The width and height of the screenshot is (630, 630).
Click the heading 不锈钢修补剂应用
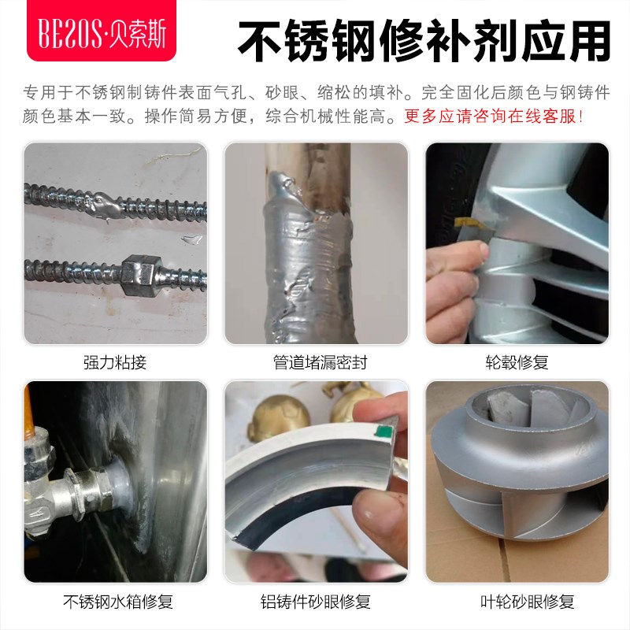424,38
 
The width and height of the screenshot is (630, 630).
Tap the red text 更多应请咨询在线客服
494,117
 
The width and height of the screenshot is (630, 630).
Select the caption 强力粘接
115,363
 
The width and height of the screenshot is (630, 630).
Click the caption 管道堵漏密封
315,363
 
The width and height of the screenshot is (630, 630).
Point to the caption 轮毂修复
517,363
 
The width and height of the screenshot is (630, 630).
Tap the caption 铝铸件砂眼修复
315,602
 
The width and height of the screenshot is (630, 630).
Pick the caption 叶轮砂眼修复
517,602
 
